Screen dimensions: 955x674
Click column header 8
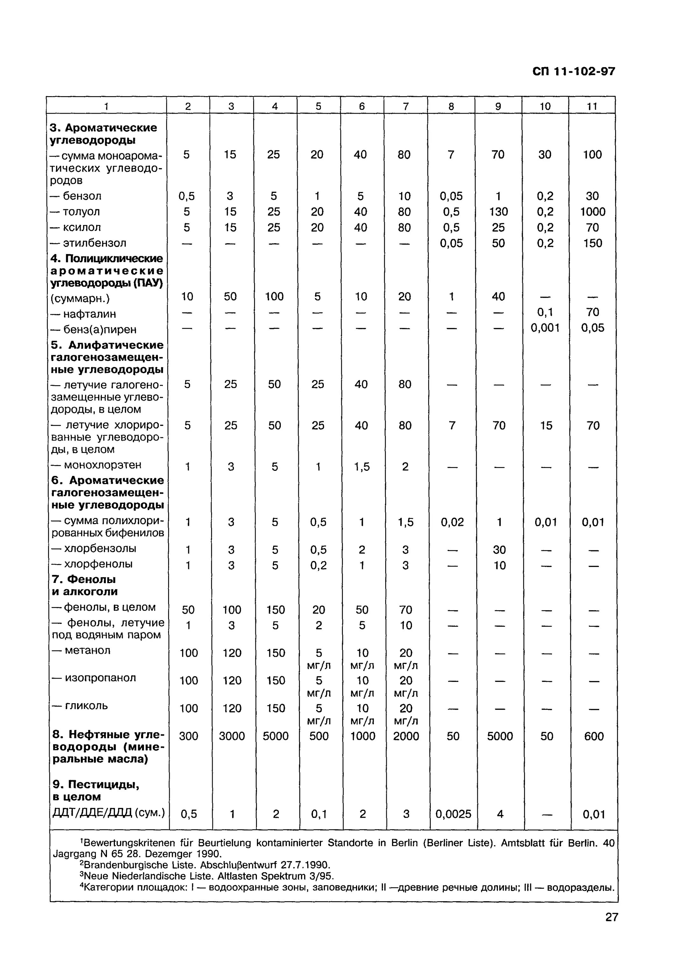pyautogui.click(x=451, y=106)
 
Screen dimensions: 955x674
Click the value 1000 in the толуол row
pyautogui.click(x=592, y=212)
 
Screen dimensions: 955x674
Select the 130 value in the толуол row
pyautogui.click(x=498, y=212)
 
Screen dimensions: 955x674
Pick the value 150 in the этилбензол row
pyautogui.click(x=592, y=243)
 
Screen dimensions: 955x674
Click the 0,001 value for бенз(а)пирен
pyautogui.click(x=545, y=328)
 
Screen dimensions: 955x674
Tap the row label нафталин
pyautogui.click(x=89, y=314)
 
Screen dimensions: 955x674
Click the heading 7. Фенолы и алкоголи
pyautogui.click(x=84, y=585)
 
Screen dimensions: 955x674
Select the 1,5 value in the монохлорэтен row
pyautogui.click(x=362, y=467)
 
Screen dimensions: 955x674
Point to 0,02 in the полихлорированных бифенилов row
pyautogui.click(x=452, y=522)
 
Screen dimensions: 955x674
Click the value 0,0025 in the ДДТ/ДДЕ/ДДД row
pyautogui.click(x=453, y=814)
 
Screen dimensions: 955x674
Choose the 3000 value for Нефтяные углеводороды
pyautogui.click(x=232, y=736)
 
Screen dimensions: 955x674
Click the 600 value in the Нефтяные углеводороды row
pyautogui.click(x=593, y=736)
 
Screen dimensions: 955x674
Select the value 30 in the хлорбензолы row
pyautogui.click(x=499, y=550)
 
